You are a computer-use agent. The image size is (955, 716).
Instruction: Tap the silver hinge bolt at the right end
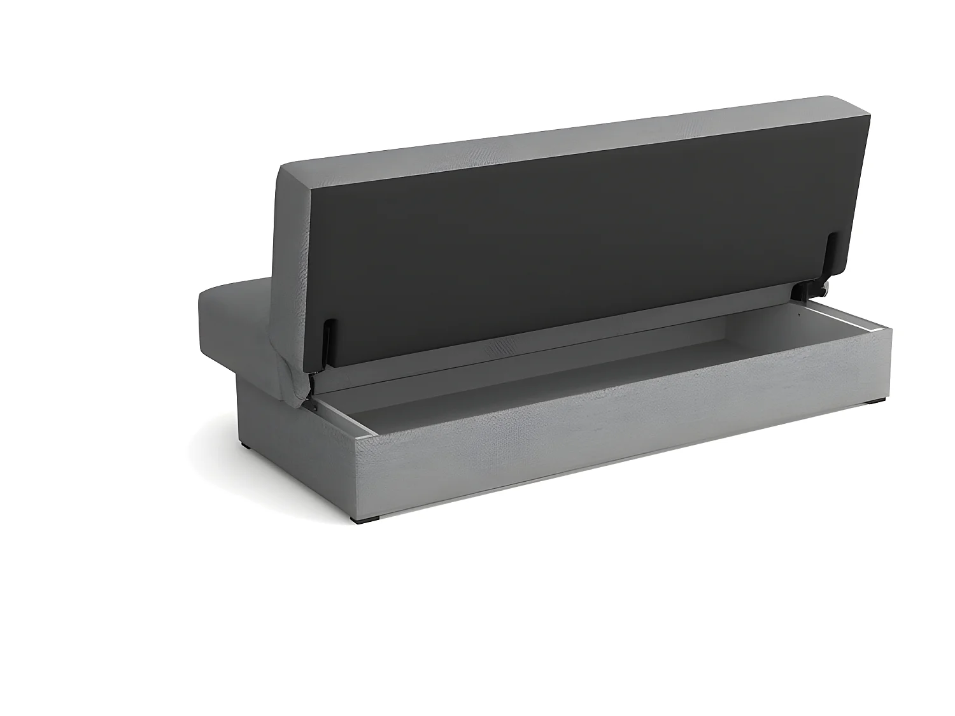click(x=823, y=291)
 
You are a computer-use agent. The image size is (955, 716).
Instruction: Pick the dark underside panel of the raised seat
click(x=573, y=255)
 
